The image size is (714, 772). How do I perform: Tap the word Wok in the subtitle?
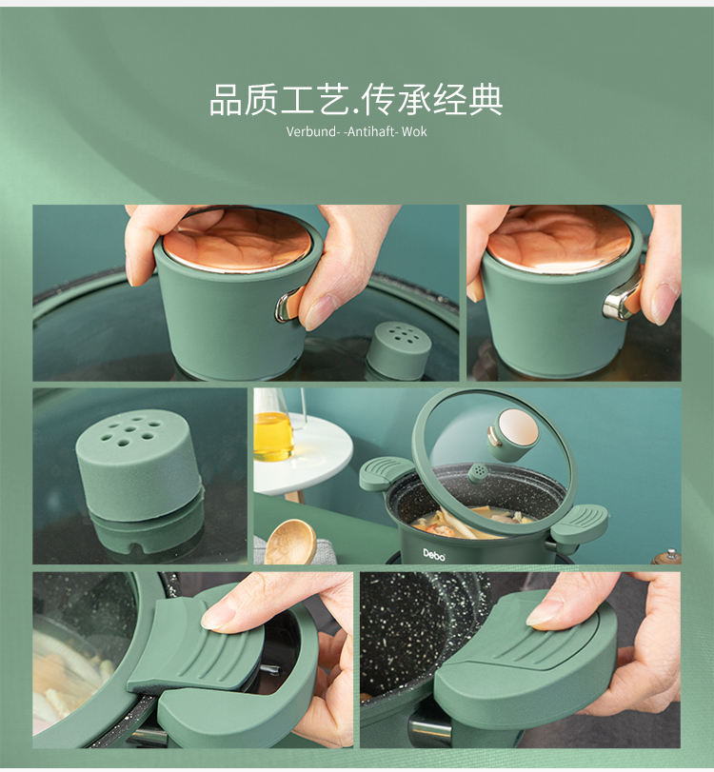[x=414, y=131]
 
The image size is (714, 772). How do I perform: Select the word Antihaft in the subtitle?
[x=370, y=131]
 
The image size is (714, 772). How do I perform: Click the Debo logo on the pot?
[x=434, y=555]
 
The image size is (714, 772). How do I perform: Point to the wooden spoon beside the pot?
[x=290, y=542]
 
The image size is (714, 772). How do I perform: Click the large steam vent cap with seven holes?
[x=139, y=468]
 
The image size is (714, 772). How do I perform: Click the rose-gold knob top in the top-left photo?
[x=237, y=240]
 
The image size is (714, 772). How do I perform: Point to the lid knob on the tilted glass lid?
[x=513, y=434]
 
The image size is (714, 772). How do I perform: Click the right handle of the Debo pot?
[x=580, y=524]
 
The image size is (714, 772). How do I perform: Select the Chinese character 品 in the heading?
[x=226, y=100]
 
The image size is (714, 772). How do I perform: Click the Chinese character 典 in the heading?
[x=486, y=100]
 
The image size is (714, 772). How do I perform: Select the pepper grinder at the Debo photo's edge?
[x=667, y=557]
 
